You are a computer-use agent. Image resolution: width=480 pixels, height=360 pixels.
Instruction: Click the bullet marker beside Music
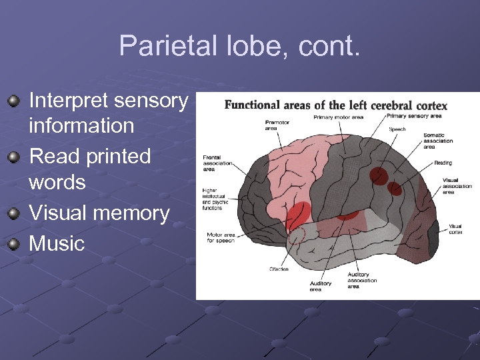(x=13, y=243)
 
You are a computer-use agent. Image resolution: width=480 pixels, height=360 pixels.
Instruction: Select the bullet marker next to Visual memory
(x=13, y=213)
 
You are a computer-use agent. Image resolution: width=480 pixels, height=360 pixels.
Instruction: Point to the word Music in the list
(x=57, y=243)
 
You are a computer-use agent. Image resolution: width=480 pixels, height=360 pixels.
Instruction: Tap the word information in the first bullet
(x=81, y=125)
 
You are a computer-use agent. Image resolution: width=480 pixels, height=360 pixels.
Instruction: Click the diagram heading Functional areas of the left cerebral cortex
(x=335, y=105)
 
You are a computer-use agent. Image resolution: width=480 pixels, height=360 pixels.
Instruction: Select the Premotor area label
(x=277, y=125)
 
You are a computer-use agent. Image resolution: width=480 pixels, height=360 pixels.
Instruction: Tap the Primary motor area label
(x=338, y=117)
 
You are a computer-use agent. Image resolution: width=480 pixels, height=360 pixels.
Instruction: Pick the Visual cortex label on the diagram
(x=455, y=229)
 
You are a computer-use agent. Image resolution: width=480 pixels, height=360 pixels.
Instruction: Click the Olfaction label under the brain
(x=279, y=269)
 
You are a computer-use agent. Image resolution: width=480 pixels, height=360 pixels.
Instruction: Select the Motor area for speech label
(x=221, y=237)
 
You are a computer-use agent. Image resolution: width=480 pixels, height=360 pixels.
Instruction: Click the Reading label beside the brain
(x=443, y=163)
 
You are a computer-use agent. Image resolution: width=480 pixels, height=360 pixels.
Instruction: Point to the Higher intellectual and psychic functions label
(x=215, y=199)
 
